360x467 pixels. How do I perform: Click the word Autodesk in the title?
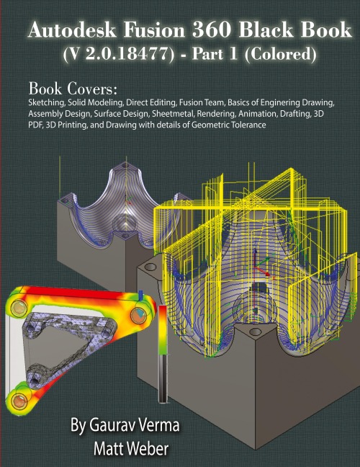[72, 30]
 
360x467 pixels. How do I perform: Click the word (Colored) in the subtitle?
[280, 55]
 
